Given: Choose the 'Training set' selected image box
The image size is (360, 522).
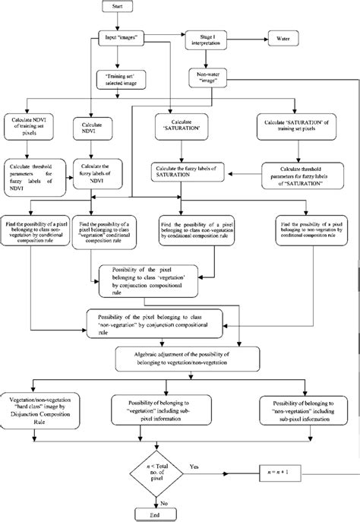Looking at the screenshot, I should click(119, 79).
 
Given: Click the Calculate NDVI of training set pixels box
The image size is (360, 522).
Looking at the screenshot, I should click(33, 125).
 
